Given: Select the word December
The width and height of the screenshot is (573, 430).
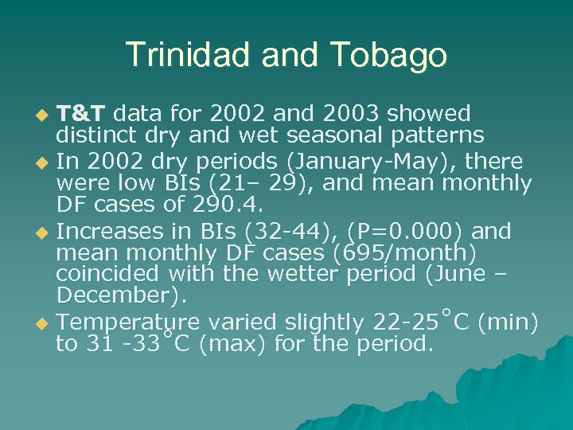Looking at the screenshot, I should [118, 296].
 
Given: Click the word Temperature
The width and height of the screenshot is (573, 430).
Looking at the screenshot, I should [129, 322].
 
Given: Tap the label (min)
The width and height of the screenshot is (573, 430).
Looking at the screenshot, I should [510, 322].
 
